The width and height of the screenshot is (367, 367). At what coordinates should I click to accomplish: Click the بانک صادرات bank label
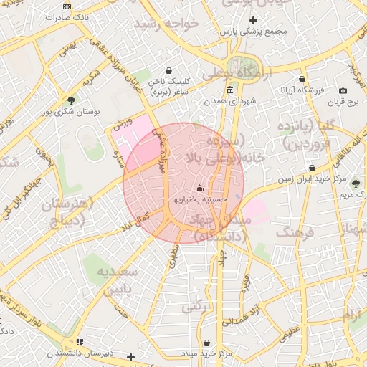[88, 16]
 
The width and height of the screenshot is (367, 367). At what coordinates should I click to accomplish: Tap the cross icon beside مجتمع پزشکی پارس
[252, 20]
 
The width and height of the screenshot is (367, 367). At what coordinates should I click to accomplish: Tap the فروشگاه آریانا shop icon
[302, 79]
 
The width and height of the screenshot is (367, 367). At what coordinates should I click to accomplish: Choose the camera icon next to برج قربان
[343, 91]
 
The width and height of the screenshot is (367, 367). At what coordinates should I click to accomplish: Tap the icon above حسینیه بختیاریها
[199, 188]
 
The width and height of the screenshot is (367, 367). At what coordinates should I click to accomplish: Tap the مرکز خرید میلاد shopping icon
[206, 343]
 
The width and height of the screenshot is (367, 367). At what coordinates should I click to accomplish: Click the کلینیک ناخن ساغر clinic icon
[168, 71]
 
